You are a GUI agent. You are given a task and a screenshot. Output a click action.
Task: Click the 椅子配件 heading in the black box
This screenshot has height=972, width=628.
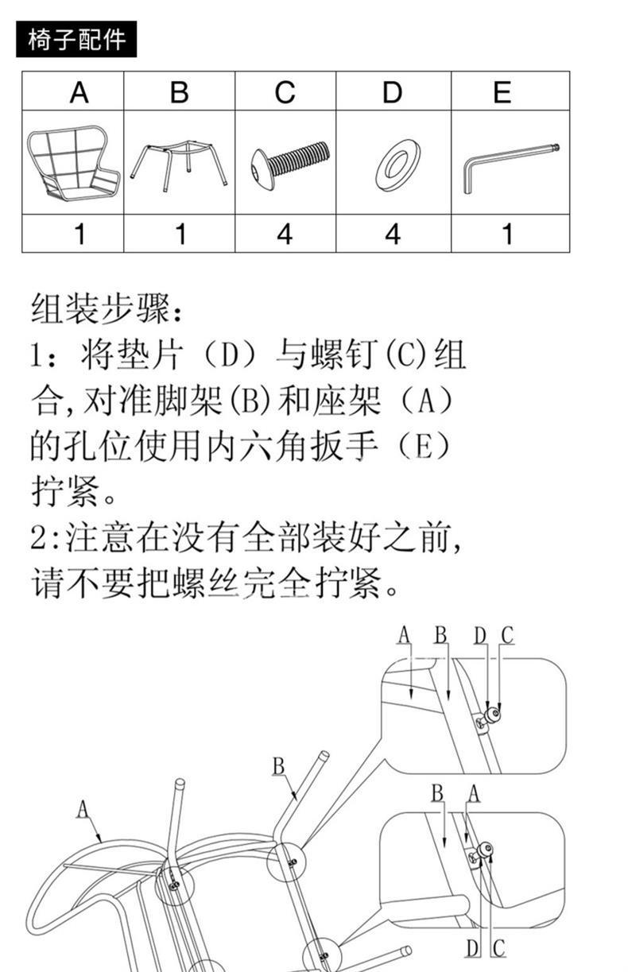click(76, 40)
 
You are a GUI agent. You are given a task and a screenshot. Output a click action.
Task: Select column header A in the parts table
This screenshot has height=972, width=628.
click(79, 93)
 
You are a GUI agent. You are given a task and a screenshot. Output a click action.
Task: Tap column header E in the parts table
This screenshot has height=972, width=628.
click(502, 93)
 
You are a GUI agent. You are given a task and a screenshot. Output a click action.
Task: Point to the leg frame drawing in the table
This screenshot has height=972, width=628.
click(180, 162)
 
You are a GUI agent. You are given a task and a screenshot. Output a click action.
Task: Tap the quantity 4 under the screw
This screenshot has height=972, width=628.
click(285, 234)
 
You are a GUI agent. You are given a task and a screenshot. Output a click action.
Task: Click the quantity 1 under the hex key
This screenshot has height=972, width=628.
click(506, 234)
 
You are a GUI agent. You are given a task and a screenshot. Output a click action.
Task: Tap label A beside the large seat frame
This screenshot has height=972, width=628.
click(83, 810)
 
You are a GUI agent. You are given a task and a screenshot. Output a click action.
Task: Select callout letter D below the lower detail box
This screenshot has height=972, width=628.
click(472, 948)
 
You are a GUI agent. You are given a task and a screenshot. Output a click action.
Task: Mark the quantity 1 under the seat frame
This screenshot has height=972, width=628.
click(79, 234)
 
